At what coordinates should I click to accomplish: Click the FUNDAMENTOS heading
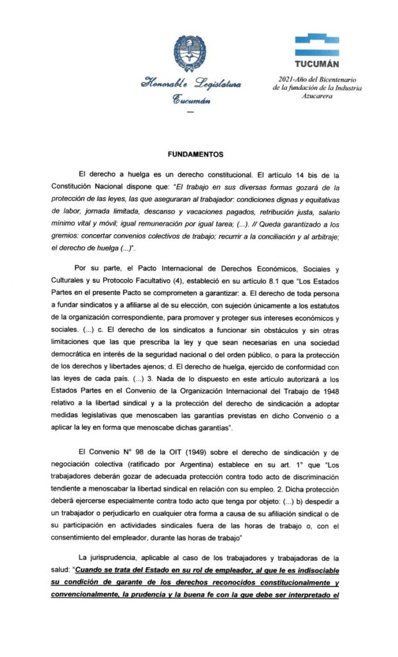[x=195, y=154]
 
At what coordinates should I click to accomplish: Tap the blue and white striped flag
[x=317, y=45]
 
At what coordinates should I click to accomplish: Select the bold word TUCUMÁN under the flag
[x=317, y=64]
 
